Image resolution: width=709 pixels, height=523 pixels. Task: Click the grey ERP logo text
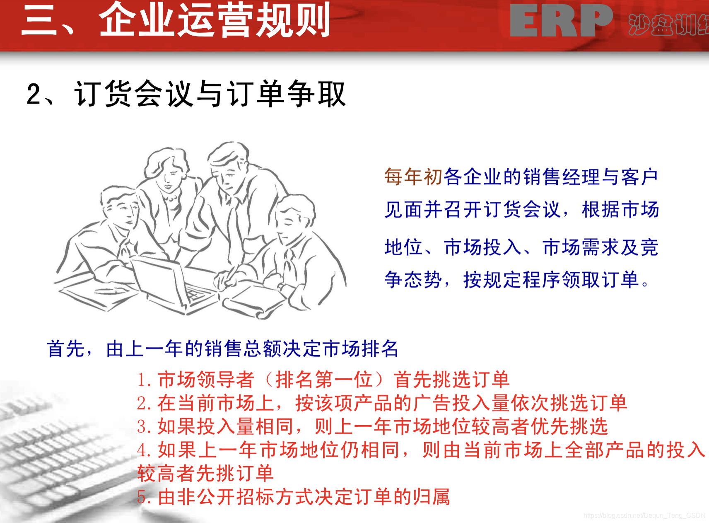561,21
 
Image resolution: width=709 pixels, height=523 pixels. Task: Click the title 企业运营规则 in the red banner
215,20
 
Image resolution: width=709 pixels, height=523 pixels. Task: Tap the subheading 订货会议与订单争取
210,94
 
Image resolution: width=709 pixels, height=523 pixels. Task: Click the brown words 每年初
413,177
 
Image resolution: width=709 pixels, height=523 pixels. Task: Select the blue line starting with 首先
222,349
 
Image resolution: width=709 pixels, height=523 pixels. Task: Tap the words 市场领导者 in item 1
206,380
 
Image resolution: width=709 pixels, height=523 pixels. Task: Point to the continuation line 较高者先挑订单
205,473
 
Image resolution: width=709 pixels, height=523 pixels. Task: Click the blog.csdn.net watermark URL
644,515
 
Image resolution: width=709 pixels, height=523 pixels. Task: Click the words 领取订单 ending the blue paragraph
600,280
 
